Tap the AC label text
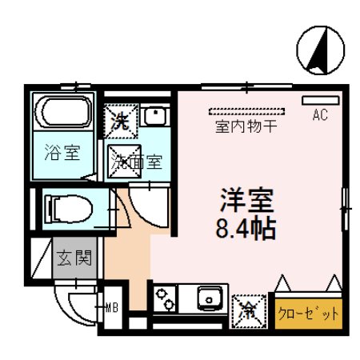319,117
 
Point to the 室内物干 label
246,126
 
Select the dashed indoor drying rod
246,111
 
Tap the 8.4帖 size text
245,230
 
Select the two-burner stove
167,302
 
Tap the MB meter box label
114,306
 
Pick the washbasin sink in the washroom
157,119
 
